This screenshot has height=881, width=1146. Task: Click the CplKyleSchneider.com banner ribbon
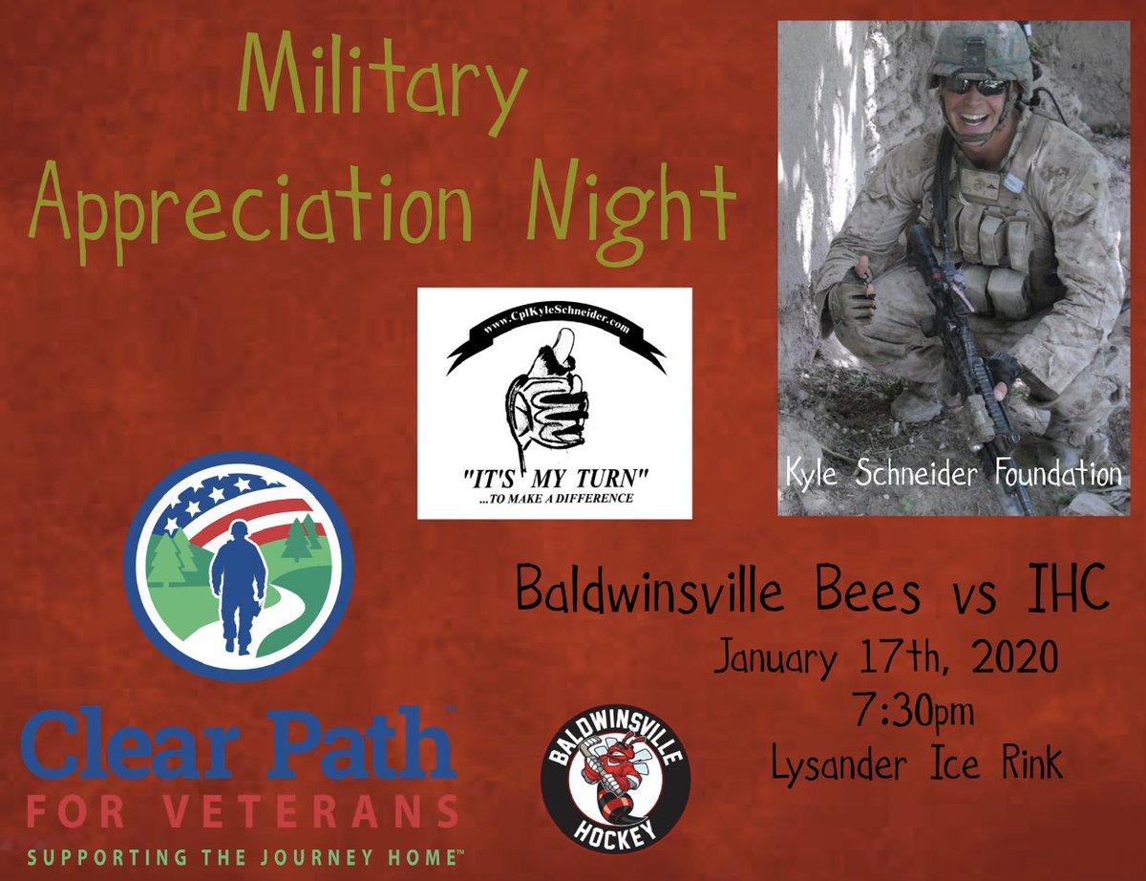click(555, 338)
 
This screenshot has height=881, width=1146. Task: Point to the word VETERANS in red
click(314, 813)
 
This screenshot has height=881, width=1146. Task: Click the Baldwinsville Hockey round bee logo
click(615, 784)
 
